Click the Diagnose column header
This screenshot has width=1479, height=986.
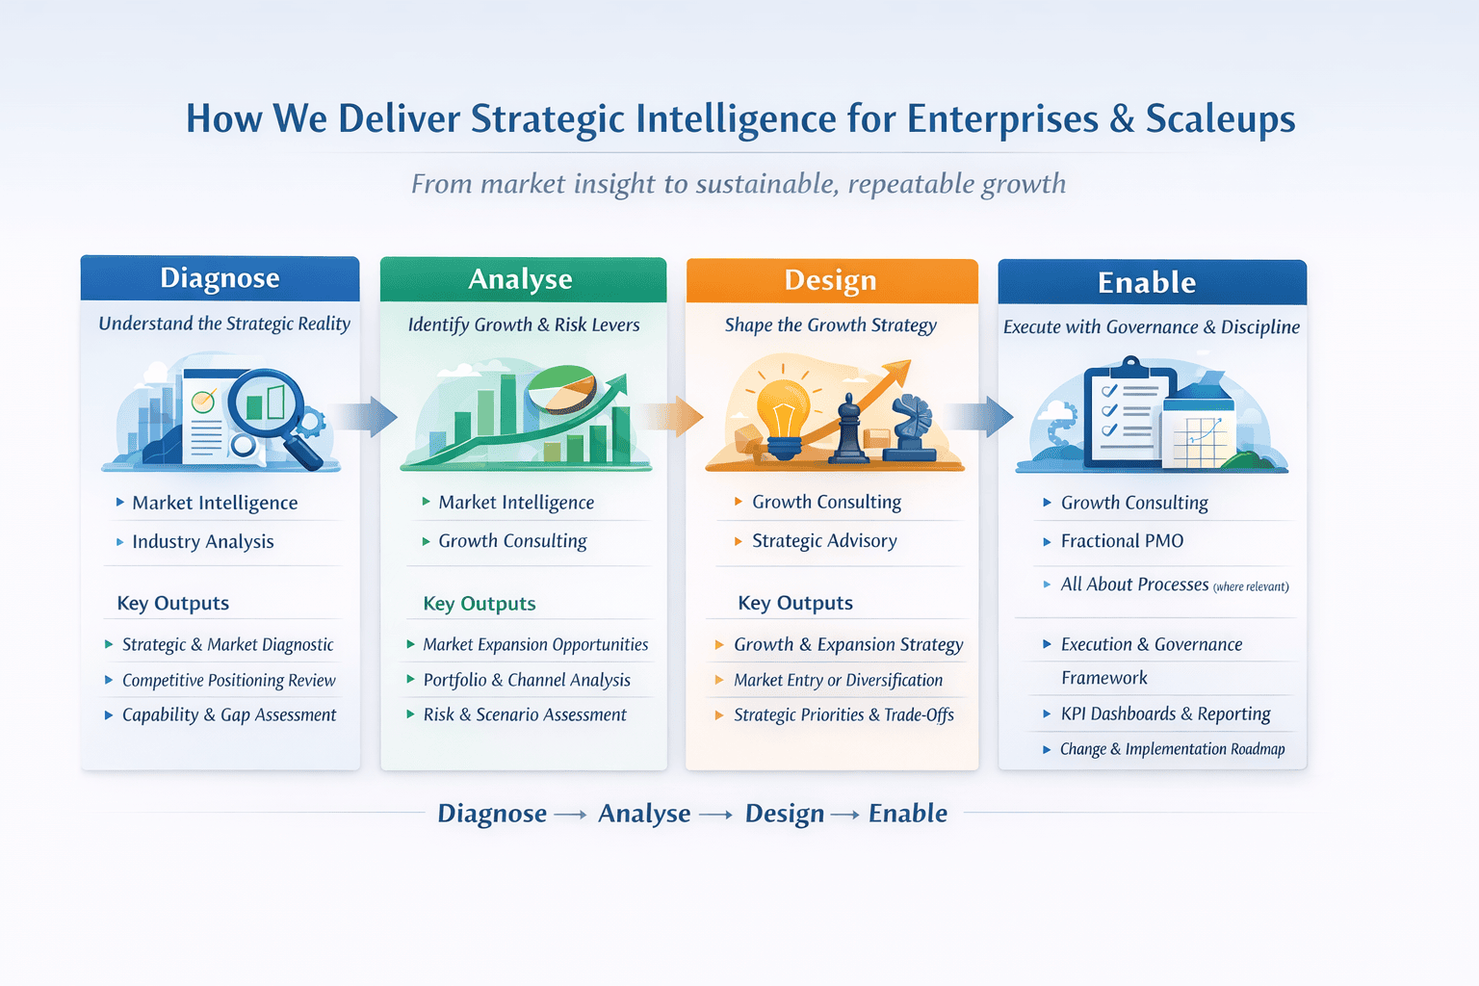click(220, 278)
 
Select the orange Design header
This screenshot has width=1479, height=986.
click(832, 280)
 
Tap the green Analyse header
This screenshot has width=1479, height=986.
click(523, 279)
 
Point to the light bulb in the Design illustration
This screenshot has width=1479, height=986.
click(784, 417)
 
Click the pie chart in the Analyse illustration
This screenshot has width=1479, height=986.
click(562, 389)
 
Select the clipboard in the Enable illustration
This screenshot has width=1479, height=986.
click(1130, 413)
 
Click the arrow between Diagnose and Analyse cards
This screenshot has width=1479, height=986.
click(363, 417)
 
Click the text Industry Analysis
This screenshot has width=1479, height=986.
click(203, 541)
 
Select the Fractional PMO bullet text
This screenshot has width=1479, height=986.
click(1122, 541)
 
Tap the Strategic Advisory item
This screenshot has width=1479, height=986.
click(824, 541)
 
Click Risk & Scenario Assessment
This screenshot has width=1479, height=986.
click(525, 714)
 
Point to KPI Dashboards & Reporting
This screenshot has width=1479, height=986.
click(1165, 714)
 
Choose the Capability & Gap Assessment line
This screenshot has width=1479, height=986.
click(229, 714)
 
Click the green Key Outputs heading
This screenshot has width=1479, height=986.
click(480, 604)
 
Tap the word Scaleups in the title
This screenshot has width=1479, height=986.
click(1220, 119)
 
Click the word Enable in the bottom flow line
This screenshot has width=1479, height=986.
click(908, 813)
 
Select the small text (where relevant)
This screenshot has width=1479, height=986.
click(1251, 586)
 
